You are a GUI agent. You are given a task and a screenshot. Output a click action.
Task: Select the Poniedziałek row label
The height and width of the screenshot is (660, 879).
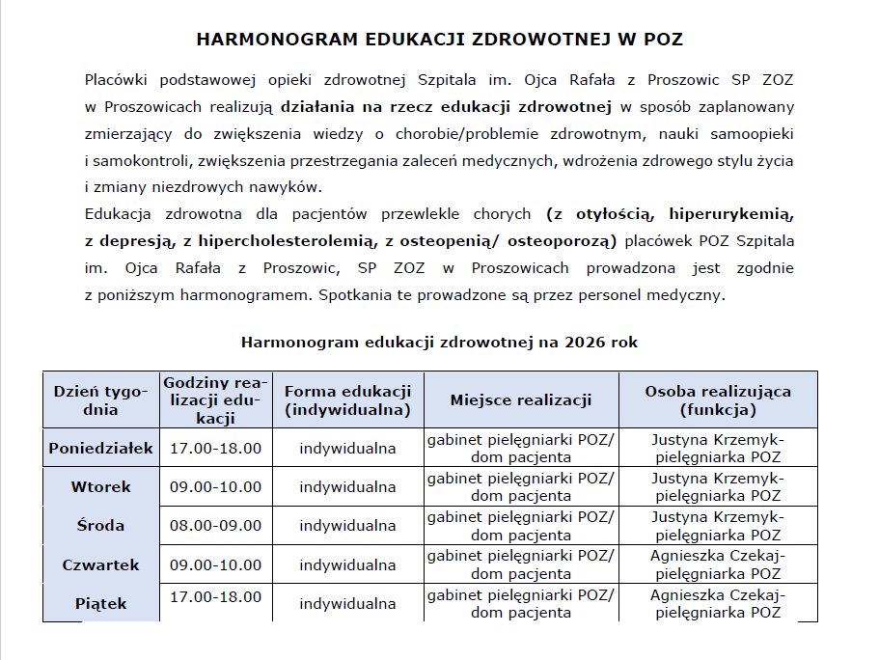coord(101,448)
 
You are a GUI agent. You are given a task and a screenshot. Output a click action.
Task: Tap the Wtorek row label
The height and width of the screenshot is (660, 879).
coord(101,486)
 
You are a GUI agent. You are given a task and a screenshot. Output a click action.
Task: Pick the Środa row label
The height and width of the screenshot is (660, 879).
coord(101,526)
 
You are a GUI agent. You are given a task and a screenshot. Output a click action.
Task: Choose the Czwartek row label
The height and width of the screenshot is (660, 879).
coord(101,564)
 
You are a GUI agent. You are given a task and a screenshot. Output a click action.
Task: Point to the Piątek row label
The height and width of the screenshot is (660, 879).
coord(101,604)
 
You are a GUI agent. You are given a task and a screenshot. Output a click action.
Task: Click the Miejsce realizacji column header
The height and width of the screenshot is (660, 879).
coord(521,399)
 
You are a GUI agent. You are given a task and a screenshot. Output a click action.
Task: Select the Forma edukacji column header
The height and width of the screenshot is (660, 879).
coord(347,399)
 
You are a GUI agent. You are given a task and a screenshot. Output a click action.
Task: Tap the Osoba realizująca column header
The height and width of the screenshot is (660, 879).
coord(718,399)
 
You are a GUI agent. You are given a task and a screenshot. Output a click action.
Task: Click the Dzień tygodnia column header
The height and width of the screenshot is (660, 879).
coord(100,399)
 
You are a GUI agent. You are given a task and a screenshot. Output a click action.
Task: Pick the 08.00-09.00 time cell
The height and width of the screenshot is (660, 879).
coord(215,526)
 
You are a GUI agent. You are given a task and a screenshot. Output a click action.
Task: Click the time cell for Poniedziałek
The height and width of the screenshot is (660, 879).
coord(215,448)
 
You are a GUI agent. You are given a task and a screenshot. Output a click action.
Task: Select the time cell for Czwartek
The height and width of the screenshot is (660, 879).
coord(215,564)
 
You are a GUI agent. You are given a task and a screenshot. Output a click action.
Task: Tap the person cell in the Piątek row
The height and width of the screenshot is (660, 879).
coord(718,604)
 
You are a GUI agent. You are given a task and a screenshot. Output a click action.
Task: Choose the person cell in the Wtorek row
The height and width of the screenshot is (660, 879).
coord(718,486)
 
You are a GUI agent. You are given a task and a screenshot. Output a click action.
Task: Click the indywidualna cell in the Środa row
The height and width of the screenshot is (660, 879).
coord(347,526)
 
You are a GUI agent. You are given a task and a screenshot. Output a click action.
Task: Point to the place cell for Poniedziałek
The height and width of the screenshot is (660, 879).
coord(521,448)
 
